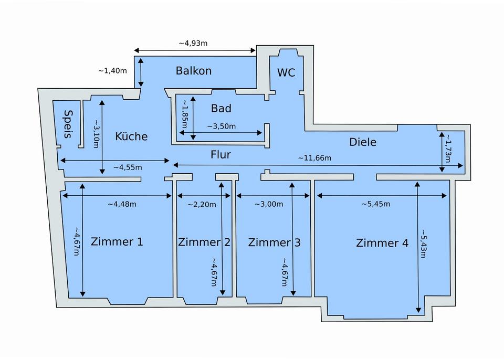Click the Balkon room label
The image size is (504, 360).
pyautogui.click(x=194, y=71)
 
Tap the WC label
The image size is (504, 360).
pyautogui.click(x=286, y=72)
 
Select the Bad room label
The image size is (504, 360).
pyautogui.click(x=221, y=108)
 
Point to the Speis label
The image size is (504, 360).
pyautogui.click(x=68, y=124)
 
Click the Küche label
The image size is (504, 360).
pyautogui.click(x=131, y=136)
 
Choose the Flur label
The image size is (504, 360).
pyautogui.click(x=221, y=155)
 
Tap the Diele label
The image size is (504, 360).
pyautogui.click(x=363, y=142)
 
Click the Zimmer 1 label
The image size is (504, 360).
pyautogui.click(x=117, y=242)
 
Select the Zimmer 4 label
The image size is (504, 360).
pyautogui.click(x=382, y=243)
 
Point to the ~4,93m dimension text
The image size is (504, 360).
pyautogui.click(x=193, y=43)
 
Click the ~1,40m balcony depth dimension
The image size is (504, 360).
pyautogui.click(x=112, y=71)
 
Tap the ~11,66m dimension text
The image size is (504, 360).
pyautogui.click(x=314, y=158)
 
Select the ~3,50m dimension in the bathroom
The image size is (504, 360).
pyautogui.click(x=222, y=126)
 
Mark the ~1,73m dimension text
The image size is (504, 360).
pyautogui.click(x=447, y=149)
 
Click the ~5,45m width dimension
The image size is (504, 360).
pyautogui.click(x=376, y=204)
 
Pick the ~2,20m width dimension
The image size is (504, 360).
pyautogui.click(x=202, y=205)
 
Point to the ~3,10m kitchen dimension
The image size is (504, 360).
pyautogui.click(x=96, y=134)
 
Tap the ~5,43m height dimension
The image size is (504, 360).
pyautogui.click(x=423, y=243)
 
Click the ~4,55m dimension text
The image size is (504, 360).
pyautogui.click(x=128, y=167)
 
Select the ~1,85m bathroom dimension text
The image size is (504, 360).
pyautogui.click(x=185, y=114)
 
